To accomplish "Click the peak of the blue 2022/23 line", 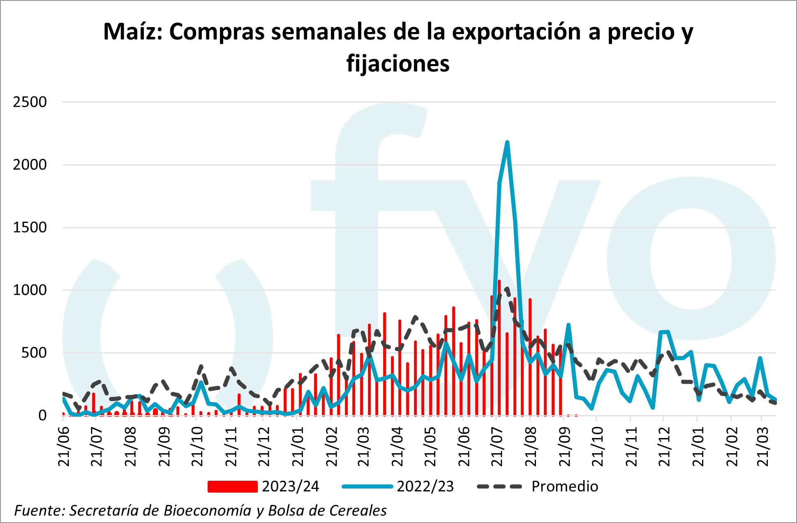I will (x=507, y=142).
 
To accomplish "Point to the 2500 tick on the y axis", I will (x=30, y=102).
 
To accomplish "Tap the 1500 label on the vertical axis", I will (x=30, y=227).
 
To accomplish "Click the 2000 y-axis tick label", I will (x=30, y=165).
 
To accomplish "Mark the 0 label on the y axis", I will (x=42, y=415).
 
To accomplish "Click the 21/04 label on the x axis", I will (x=397, y=446).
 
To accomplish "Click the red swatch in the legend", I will (x=232, y=486).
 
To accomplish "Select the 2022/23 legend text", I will (x=425, y=486).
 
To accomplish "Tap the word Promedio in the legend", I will (x=565, y=486).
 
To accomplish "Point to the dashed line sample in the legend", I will (x=499, y=486).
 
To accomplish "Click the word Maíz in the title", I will (x=133, y=32).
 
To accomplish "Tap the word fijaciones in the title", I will (x=398, y=64).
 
